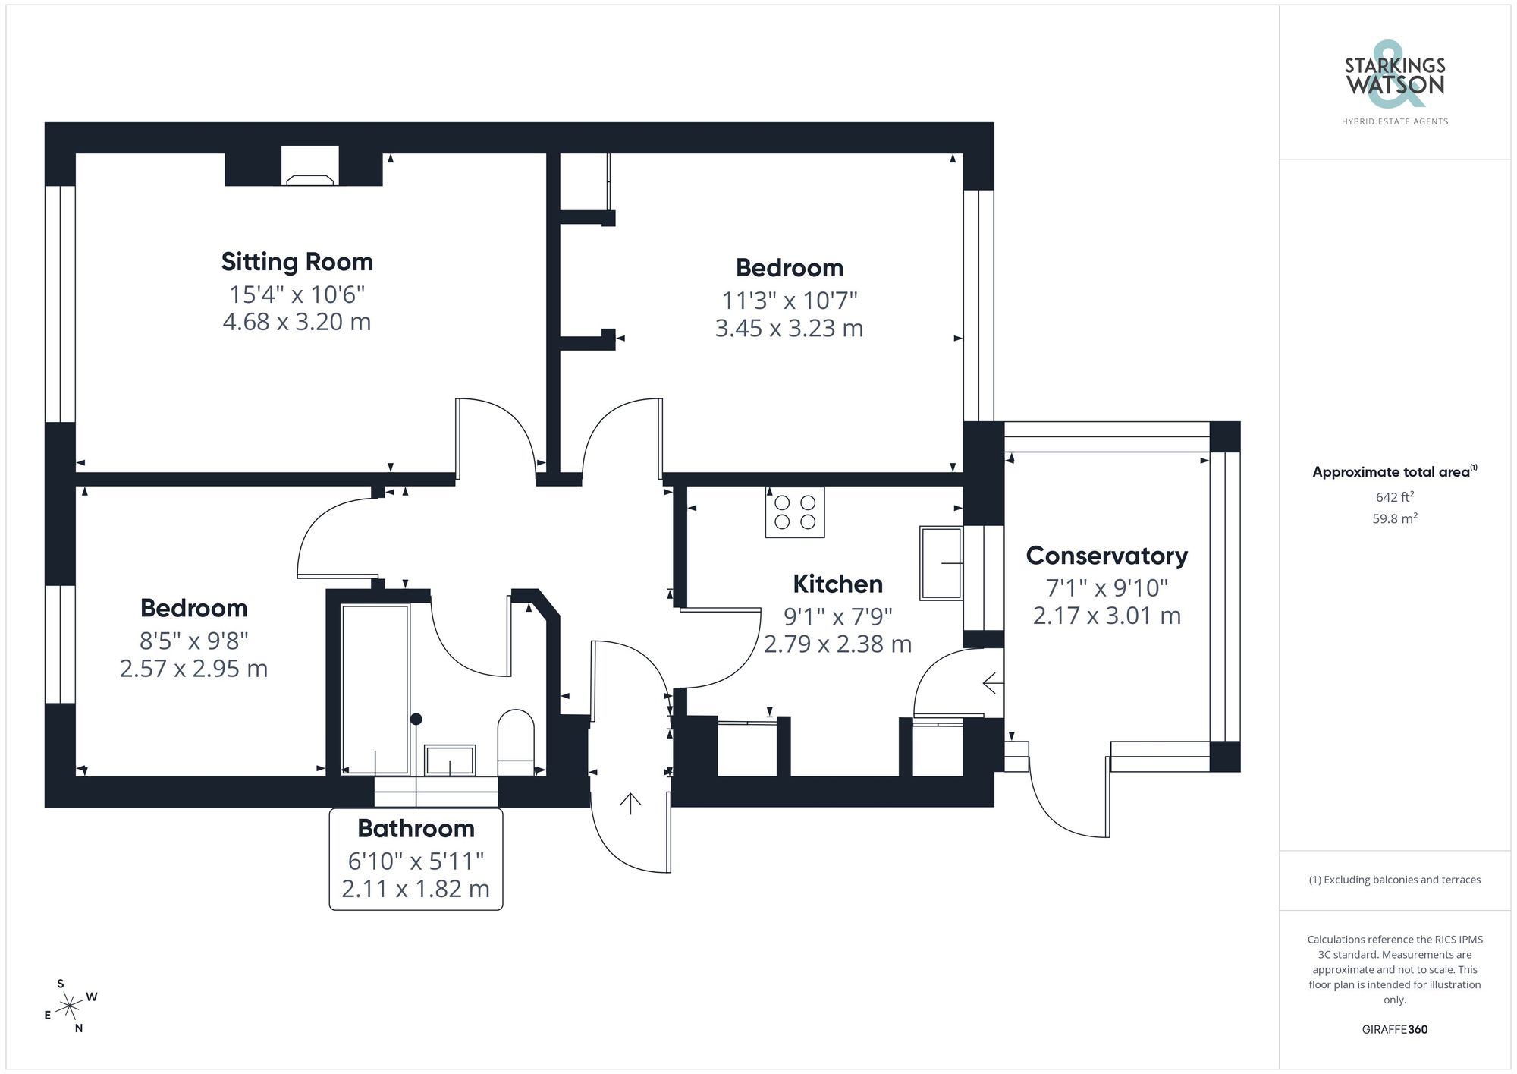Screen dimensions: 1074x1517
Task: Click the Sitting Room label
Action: pos(297,262)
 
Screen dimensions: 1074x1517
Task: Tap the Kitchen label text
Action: pos(837,584)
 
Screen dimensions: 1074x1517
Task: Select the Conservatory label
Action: pos(1106,556)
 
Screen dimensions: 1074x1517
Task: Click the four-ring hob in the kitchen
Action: pos(794,512)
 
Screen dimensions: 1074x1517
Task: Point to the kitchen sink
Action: pos(941,562)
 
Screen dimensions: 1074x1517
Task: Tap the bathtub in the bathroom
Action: pos(375,689)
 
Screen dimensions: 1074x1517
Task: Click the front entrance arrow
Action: pos(630,802)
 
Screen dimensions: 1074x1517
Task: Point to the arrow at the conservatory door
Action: pos(992,683)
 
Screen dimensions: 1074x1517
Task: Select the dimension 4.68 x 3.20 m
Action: pos(297,322)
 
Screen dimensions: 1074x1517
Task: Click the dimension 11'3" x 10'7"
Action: pos(789,301)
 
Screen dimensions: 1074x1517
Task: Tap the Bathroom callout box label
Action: pos(416,828)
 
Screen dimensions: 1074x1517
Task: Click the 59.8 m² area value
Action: pos(1394,519)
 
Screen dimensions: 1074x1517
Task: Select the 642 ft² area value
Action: pos(1394,497)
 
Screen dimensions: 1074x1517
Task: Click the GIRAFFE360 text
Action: pos(1394,1029)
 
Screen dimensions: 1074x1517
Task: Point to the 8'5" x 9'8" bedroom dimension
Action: pos(193,641)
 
